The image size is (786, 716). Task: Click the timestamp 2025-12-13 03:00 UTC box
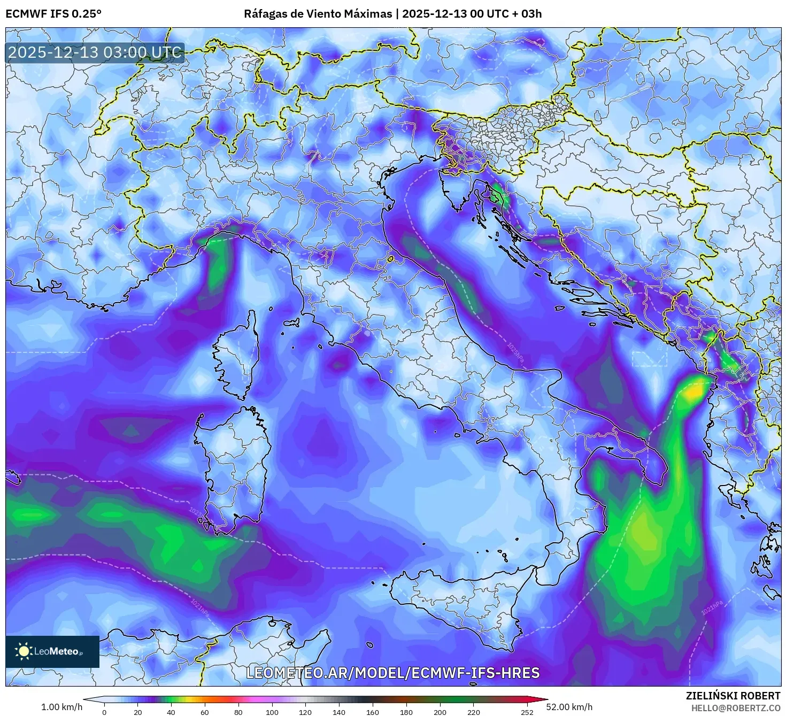(x=95, y=52)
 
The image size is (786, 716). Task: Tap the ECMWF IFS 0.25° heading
(x=53, y=13)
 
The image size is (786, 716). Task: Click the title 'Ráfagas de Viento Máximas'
(x=318, y=13)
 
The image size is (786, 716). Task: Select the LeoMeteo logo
(x=52, y=651)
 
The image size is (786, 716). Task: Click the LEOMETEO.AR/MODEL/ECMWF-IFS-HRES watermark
(x=392, y=673)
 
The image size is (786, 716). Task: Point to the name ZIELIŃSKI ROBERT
(x=733, y=696)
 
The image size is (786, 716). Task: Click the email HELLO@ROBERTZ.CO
(x=739, y=707)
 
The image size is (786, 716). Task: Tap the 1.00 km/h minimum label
(x=61, y=707)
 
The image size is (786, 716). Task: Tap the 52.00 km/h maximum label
(x=569, y=707)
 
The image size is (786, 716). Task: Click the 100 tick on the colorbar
(x=272, y=712)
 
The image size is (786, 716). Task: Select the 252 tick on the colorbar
(x=527, y=712)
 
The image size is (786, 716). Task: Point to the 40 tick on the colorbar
(x=171, y=712)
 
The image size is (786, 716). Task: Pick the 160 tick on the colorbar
(x=373, y=712)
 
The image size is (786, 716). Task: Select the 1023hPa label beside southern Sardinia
(x=196, y=514)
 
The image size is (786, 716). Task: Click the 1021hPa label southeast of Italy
(x=712, y=608)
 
